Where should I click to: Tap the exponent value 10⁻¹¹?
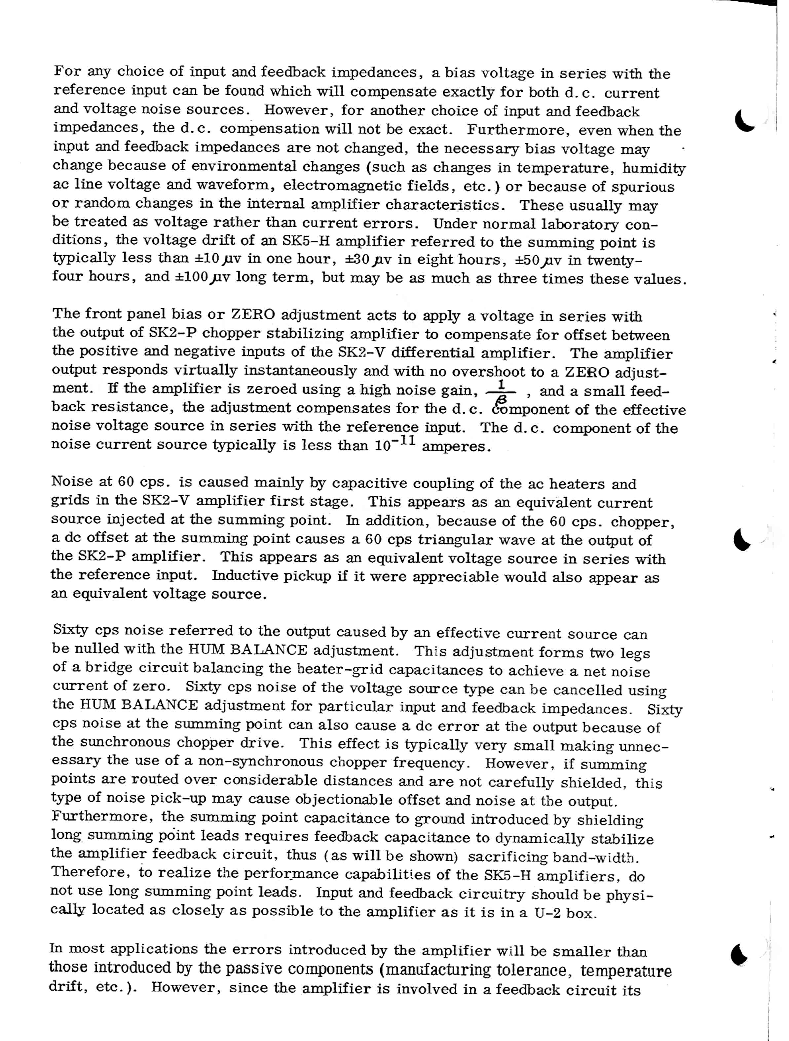point(395,444)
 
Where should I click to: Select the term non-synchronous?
point(261,762)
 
